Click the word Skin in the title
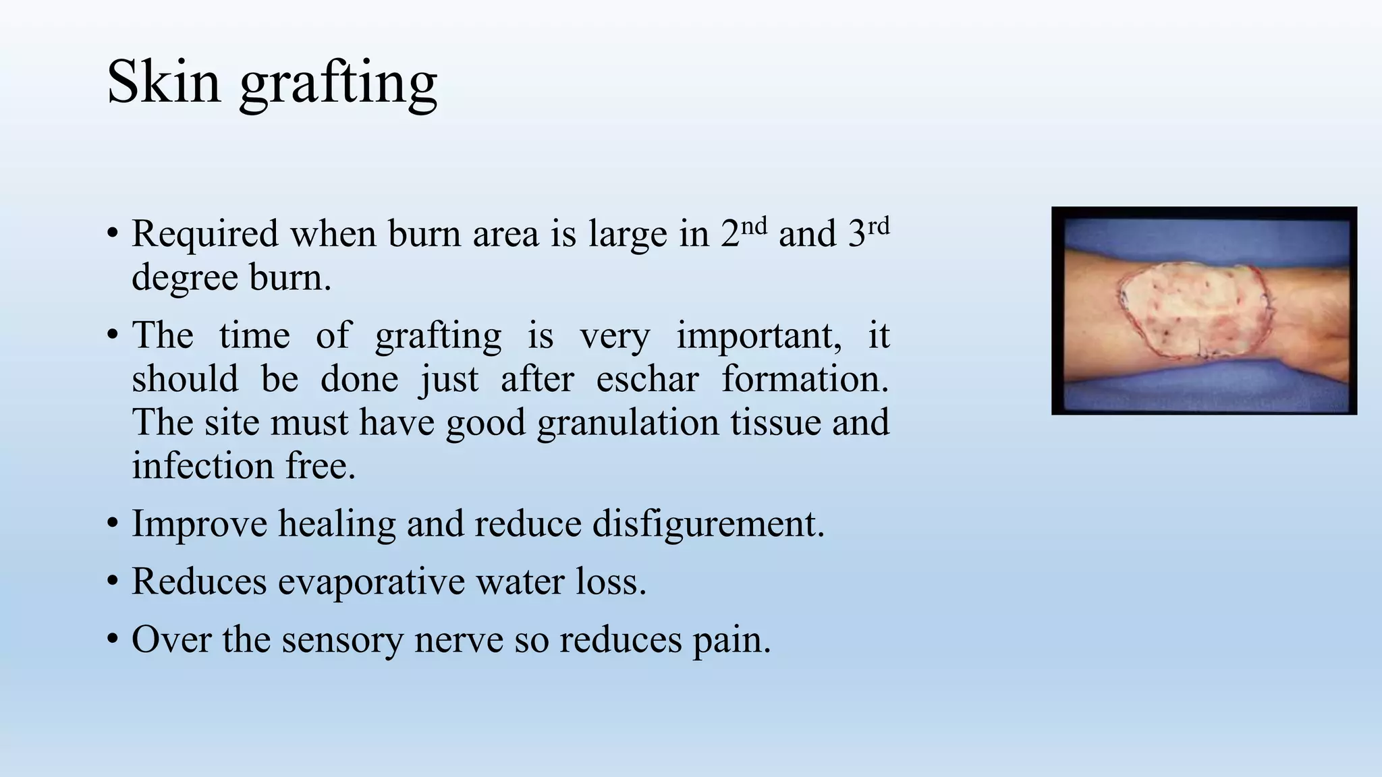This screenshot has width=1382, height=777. (x=163, y=82)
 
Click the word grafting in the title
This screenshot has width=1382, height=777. (x=338, y=84)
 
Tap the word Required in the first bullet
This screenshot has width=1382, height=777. (x=205, y=235)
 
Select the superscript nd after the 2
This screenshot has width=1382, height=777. (x=754, y=225)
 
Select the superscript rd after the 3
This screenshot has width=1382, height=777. (x=878, y=225)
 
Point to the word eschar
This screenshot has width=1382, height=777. (x=647, y=379)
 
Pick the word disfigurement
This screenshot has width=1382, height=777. (x=708, y=524)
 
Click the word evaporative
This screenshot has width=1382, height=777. (x=371, y=581)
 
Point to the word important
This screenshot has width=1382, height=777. (x=758, y=336)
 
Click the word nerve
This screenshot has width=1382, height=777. (x=458, y=639)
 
